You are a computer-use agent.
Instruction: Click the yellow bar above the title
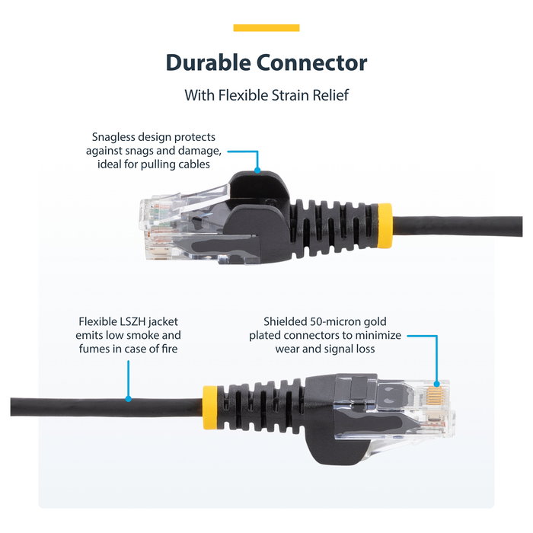266,28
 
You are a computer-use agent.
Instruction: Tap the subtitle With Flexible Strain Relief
266,96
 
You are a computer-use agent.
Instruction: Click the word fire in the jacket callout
172,349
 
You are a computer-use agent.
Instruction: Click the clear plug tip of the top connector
160,221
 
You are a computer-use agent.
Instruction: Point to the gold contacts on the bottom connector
437,396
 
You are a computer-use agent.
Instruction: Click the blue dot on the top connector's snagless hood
257,171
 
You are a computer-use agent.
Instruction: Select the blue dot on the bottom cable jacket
128,397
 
